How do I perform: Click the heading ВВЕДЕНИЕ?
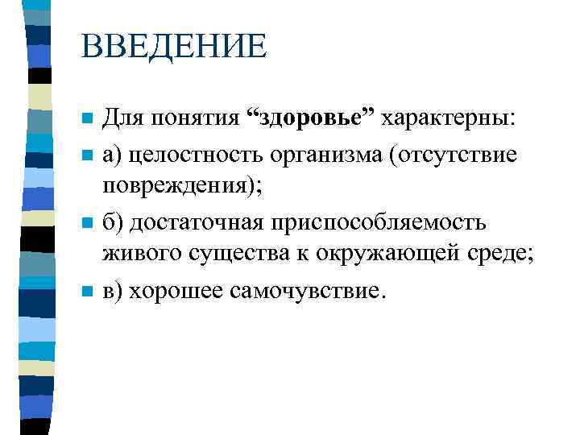[x=172, y=47]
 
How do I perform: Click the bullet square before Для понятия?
[x=88, y=121]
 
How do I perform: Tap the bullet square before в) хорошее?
[x=88, y=290]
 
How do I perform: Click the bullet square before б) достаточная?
[x=88, y=222]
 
